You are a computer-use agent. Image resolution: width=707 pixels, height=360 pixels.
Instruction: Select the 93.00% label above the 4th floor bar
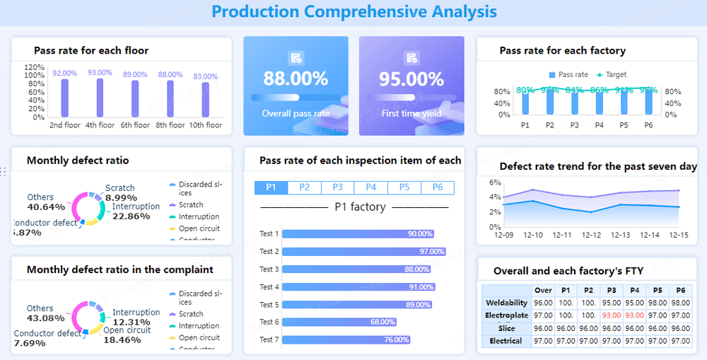point(100,72)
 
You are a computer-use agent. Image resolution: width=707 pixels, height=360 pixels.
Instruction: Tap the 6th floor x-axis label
point(135,125)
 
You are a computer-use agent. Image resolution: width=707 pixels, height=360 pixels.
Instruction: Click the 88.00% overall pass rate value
point(296,79)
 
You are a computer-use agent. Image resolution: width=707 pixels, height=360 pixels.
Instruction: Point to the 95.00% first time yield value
point(411,79)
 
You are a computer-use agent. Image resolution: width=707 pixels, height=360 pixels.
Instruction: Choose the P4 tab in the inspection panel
point(370,187)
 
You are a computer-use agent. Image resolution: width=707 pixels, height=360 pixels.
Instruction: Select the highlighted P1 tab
point(271,187)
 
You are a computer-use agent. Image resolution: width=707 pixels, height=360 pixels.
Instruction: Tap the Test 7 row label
point(269,339)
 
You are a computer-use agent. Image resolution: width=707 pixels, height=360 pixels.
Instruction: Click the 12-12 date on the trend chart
point(591,235)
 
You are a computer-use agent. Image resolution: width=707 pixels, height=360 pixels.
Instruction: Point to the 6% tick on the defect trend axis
point(495,182)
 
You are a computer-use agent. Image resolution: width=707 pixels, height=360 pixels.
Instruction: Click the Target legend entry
point(612,74)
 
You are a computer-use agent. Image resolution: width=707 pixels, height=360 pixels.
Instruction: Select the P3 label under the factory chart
point(574,125)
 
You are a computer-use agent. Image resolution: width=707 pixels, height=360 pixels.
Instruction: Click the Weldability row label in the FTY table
point(506,303)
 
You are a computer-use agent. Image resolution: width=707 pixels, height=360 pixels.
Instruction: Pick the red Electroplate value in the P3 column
point(612,315)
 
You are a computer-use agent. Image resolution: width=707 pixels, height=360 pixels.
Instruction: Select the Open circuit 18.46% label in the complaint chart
point(127,335)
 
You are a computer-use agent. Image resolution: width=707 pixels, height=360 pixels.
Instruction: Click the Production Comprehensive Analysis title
point(353,11)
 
